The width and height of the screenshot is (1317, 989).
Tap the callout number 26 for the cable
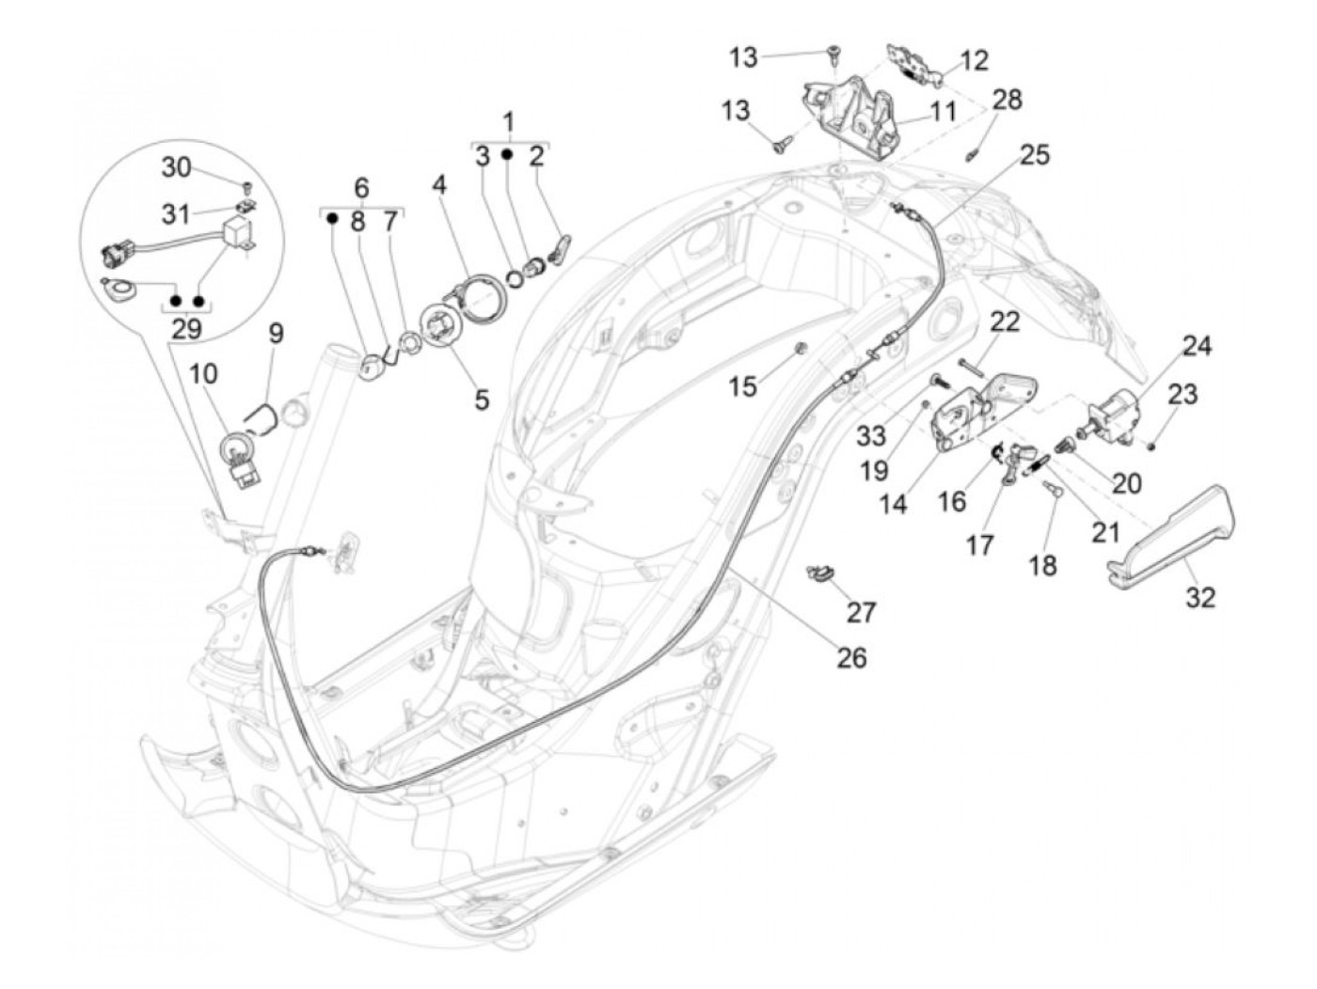click(851, 657)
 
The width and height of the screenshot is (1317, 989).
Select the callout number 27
click(861, 612)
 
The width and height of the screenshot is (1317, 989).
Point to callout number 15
click(743, 385)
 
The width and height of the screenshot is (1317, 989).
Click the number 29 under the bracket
click(186, 329)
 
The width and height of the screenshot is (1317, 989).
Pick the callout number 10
click(203, 374)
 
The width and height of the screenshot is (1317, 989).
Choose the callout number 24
click(1197, 346)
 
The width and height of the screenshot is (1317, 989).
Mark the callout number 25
click(1035, 154)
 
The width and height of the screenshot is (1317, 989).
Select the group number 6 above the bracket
click(361, 186)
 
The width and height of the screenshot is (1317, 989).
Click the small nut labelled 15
click(798, 350)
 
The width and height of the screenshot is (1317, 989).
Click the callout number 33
click(871, 435)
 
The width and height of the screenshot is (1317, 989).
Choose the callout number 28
click(1007, 99)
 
